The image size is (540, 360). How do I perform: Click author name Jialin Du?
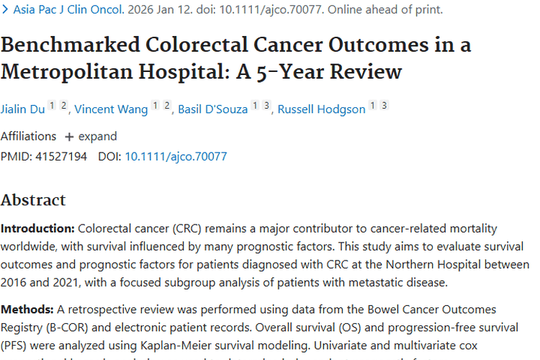point(23,109)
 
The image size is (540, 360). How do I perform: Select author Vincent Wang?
point(112,109)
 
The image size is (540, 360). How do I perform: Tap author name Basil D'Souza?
point(213,109)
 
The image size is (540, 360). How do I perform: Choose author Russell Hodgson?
point(321,109)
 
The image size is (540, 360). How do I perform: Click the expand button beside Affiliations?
point(91,136)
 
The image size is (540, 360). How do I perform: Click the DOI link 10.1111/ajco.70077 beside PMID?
point(176,156)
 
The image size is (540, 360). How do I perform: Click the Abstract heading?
point(33,199)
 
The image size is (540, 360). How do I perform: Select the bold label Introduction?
point(37,228)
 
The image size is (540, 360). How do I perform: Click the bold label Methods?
point(27,309)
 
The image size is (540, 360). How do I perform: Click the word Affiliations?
point(28,136)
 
